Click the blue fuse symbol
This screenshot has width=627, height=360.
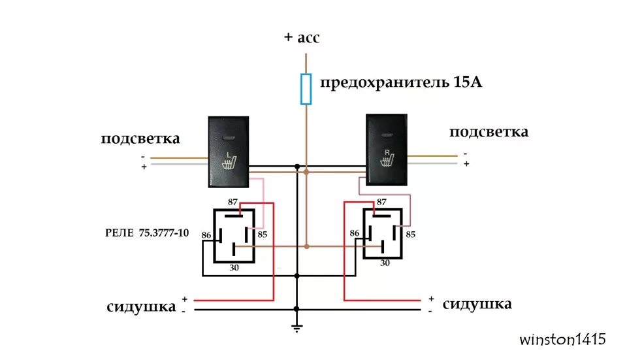pyautogui.click(x=306, y=89)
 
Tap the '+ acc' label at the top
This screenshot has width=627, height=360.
pyautogui.click(x=302, y=37)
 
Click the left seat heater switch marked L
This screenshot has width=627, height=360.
pyautogui.click(x=229, y=149)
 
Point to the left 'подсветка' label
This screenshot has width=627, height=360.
pyautogui.click(x=140, y=139)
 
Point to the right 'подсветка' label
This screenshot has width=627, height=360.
pyautogui.click(x=489, y=131)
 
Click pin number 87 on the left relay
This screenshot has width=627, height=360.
pyautogui.click(x=233, y=203)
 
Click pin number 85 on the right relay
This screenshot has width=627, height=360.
pyautogui.click(x=411, y=233)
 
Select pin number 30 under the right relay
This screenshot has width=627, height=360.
pyautogui.click(x=385, y=263)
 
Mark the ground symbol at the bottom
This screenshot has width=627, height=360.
pyautogui.click(x=297, y=329)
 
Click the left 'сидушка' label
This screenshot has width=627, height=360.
pyautogui.click(x=141, y=306)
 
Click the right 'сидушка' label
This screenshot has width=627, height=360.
pyautogui.click(x=477, y=304)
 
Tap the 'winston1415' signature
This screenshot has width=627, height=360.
pyautogui.click(x=562, y=340)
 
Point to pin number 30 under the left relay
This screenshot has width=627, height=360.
pyautogui.click(x=233, y=268)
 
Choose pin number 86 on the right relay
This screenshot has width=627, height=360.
pyautogui.click(x=355, y=233)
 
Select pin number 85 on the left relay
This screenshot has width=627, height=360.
pyautogui.click(x=263, y=234)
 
